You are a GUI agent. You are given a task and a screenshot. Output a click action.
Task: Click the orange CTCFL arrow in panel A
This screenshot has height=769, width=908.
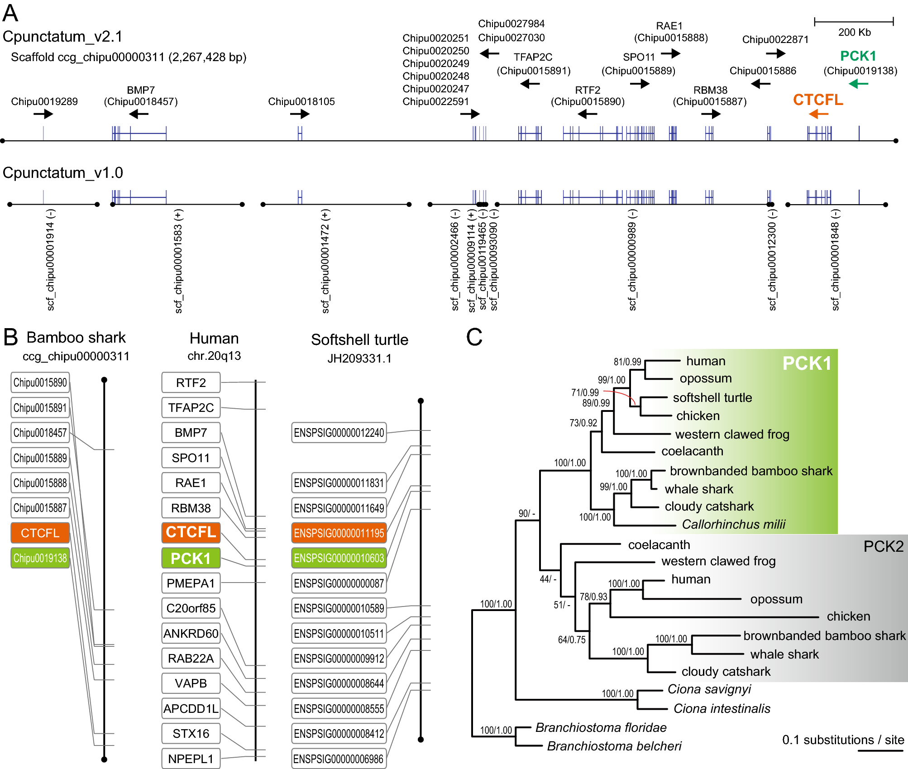point(818,114)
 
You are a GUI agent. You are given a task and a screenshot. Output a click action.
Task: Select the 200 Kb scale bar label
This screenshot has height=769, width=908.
point(854,33)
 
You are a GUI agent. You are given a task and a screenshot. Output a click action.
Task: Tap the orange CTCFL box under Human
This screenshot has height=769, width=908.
point(191,532)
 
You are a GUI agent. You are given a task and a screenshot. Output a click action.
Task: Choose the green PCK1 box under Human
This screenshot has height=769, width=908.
point(191,558)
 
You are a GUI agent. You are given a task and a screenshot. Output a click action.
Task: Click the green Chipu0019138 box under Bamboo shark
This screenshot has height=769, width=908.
point(40,558)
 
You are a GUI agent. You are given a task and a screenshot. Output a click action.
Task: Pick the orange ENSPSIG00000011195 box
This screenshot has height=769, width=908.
point(339,533)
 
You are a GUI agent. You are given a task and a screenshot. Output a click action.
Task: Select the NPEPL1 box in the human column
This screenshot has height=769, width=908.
point(191,759)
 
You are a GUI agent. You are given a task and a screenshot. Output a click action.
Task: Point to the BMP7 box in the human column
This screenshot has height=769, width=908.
point(191,433)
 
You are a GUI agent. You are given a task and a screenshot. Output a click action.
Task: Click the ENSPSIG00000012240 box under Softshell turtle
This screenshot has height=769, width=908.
point(339,433)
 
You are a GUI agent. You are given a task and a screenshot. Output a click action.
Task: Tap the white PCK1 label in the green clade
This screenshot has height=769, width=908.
point(807,363)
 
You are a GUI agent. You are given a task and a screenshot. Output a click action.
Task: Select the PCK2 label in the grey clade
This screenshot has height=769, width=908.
point(883,547)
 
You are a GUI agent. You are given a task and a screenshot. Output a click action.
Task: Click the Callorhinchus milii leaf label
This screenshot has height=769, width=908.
point(733,524)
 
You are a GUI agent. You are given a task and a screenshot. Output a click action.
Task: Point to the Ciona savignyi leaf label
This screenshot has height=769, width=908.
point(709,689)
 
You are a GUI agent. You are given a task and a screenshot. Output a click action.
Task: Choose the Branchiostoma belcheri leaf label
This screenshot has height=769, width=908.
point(614,746)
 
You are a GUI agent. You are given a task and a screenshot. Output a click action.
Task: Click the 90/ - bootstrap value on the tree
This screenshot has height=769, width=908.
point(526,513)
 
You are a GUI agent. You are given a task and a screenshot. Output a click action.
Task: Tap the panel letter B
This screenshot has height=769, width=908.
point(10,337)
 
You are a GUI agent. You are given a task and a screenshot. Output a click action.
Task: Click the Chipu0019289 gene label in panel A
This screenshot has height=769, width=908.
point(44,101)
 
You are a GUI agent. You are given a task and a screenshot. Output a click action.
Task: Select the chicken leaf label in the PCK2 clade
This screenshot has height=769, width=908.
point(848,616)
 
